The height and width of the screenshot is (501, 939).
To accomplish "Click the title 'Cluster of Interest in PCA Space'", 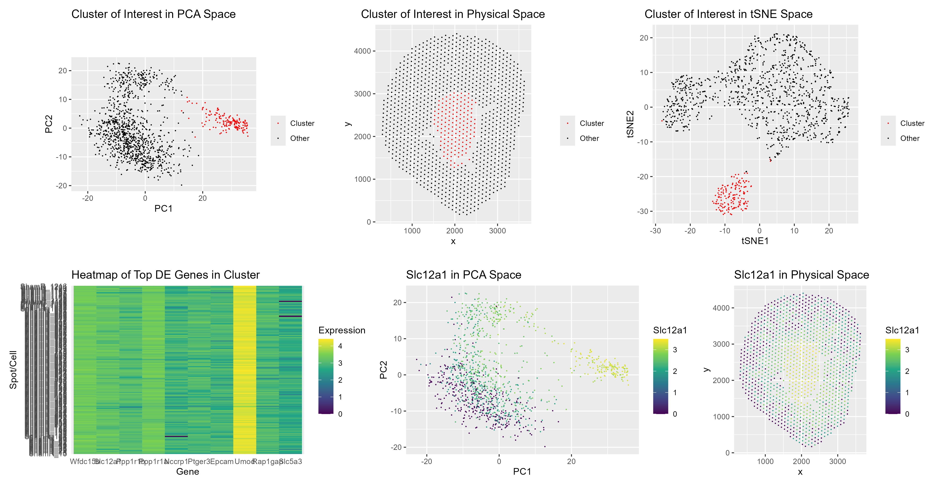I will click(x=153, y=14).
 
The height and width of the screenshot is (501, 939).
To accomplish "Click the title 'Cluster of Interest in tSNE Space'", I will click(x=728, y=14).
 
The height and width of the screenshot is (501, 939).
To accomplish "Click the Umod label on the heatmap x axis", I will click(x=244, y=462).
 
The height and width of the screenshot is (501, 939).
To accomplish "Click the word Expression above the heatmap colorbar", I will click(x=342, y=330).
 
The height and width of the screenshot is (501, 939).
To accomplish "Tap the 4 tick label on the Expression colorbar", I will click(x=340, y=346).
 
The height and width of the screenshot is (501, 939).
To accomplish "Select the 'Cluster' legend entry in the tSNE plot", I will click(x=912, y=123).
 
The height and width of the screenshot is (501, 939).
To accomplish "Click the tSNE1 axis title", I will click(x=755, y=241).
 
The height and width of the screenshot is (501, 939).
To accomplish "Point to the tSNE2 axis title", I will click(x=630, y=124).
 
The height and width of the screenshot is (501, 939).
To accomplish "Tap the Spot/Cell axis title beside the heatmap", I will click(x=13, y=370).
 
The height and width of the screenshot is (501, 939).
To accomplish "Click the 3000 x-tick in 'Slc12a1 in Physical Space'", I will click(x=837, y=462).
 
